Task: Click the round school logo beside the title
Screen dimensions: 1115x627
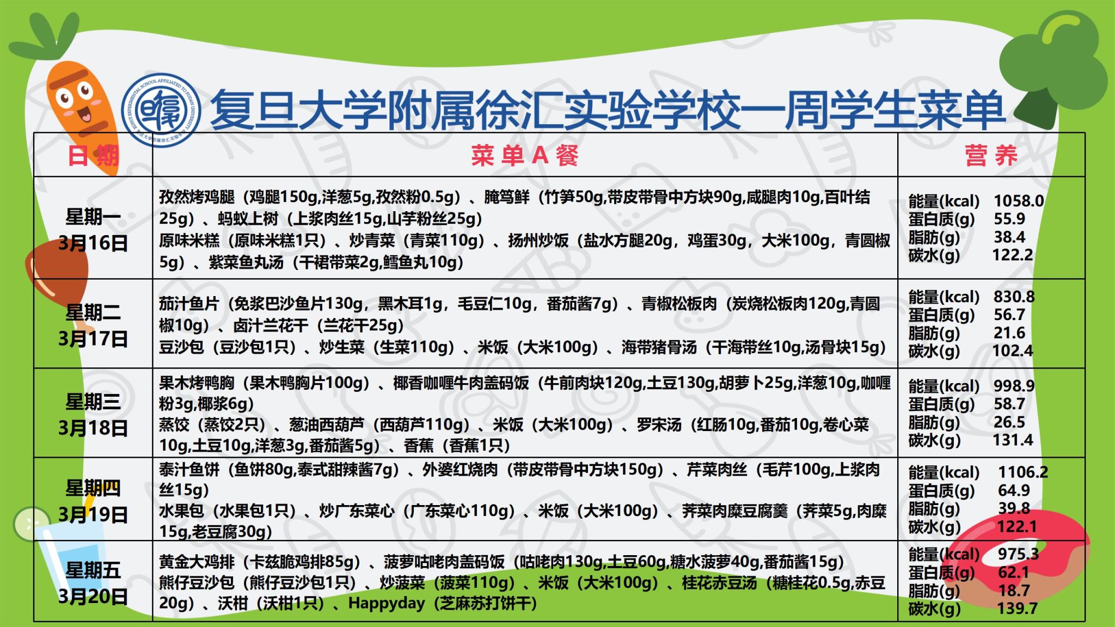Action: click(x=161, y=110)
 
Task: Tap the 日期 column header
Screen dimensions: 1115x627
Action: click(x=93, y=156)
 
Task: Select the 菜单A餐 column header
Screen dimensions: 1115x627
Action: click(x=525, y=156)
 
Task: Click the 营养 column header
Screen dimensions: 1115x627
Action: click(x=991, y=156)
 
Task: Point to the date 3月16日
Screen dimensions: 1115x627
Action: click(x=93, y=243)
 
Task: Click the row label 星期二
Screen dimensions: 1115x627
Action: click(x=93, y=312)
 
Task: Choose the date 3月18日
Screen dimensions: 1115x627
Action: click(x=93, y=428)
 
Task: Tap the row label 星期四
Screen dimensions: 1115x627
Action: click(x=93, y=488)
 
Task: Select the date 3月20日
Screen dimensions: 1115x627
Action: click(x=93, y=597)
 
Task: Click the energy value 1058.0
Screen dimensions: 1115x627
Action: click(x=1019, y=201)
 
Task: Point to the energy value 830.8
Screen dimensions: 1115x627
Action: click(x=1014, y=297)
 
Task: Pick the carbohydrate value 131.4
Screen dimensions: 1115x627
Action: click(x=1013, y=440)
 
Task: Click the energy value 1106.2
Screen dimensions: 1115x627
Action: click(x=1023, y=472)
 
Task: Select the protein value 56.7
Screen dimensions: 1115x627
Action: click(x=1009, y=315)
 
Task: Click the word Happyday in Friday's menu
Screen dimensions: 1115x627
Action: click(x=387, y=604)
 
